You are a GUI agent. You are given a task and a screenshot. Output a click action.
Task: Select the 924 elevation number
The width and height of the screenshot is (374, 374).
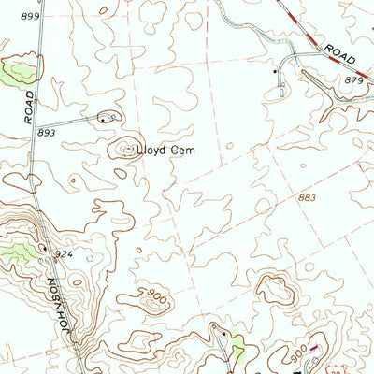(x=63, y=253)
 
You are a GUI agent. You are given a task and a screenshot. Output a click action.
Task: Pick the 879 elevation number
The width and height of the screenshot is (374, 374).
(x=353, y=81)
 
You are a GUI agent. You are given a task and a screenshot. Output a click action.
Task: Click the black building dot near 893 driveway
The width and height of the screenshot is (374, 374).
(x=102, y=120)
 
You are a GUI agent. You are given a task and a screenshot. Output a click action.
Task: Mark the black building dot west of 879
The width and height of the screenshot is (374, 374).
(x=274, y=71)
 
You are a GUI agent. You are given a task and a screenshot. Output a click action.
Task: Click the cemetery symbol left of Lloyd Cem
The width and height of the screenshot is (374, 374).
(x=124, y=148)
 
